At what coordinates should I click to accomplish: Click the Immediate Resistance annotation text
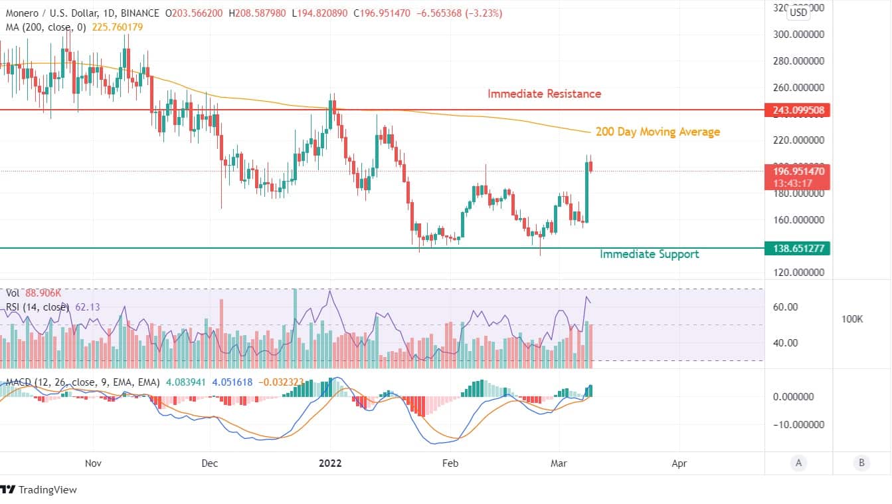(x=544, y=94)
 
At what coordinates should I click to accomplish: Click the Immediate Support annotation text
(x=649, y=254)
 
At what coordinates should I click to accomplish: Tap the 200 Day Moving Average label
(x=658, y=132)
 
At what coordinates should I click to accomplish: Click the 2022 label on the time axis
(x=330, y=463)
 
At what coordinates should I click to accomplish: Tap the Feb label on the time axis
(x=450, y=463)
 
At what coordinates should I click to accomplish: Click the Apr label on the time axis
(x=679, y=463)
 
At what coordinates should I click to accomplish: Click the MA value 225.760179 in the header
(x=111, y=27)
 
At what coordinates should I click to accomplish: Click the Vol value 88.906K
(x=44, y=293)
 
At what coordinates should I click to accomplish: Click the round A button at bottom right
(x=798, y=463)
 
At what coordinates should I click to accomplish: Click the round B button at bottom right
(x=861, y=463)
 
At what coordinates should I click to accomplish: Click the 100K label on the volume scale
(x=852, y=320)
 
